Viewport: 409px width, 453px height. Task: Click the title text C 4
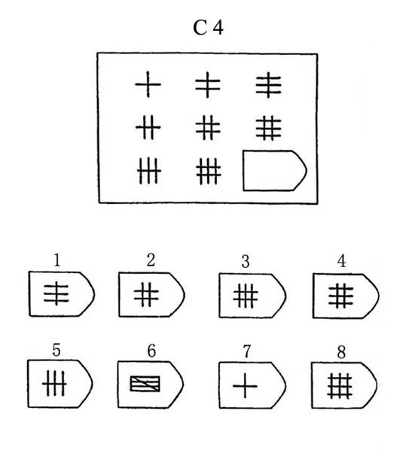(x=208, y=28)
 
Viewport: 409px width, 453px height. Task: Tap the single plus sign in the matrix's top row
(x=148, y=84)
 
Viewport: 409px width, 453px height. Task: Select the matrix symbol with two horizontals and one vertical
(x=208, y=84)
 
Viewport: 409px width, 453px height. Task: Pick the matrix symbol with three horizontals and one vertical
(x=268, y=85)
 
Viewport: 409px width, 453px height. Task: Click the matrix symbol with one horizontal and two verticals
(x=148, y=127)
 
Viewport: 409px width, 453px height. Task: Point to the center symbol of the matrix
(x=208, y=128)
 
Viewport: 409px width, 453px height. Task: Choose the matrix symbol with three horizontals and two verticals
(x=268, y=128)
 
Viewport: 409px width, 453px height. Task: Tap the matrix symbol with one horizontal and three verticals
(x=149, y=171)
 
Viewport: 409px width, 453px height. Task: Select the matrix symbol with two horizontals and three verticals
(x=209, y=171)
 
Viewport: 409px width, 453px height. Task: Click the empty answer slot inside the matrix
(x=274, y=171)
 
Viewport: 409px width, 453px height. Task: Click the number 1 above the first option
(x=57, y=260)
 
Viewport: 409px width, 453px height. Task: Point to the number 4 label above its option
(x=342, y=261)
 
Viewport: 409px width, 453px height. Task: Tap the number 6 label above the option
(x=151, y=351)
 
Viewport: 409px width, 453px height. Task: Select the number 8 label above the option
(x=341, y=352)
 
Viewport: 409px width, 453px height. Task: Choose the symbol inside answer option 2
(x=146, y=295)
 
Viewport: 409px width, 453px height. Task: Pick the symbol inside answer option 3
(x=246, y=296)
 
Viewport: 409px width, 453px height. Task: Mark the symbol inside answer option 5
(x=54, y=384)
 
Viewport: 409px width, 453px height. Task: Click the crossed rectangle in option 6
(x=145, y=384)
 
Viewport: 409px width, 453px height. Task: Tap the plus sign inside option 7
(x=245, y=386)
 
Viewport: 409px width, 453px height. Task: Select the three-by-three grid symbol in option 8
(x=340, y=386)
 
